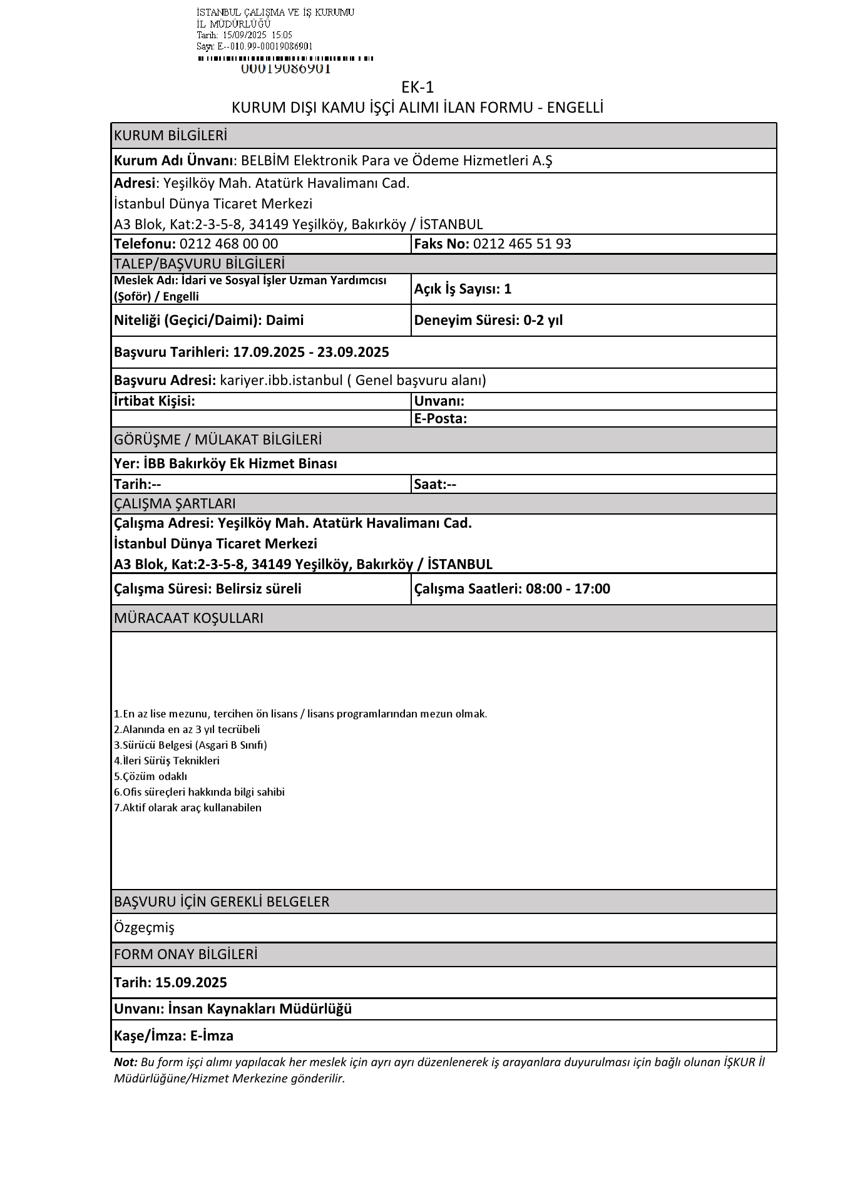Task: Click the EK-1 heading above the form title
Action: click(x=417, y=87)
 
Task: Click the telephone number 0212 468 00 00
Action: click(x=228, y=244)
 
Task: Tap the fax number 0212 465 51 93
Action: click(x=522, y=244)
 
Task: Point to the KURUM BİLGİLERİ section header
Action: click(x=170, y=136)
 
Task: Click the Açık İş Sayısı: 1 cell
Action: click(x=463, y=289)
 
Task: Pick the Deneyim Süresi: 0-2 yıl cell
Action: click(x=488, y=321)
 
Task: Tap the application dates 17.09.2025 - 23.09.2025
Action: click(x=311, y=352)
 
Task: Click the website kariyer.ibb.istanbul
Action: click(x=281, y=381)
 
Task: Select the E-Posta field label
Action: click(x=441, y=419)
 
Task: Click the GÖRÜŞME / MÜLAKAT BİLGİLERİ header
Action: click(x=218, y=440)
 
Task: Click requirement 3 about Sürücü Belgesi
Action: click(x=190, y=745)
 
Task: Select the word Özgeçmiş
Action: click(x=144, y=927)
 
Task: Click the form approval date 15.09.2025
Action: click(x=191, y=982)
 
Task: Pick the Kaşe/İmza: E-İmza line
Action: click(x=173, y=1036)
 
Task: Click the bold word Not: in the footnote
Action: click(x=125, y=1062)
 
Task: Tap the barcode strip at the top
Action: click(x=285, y=58)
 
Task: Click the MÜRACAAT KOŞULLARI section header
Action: click(x=188, y=619)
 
